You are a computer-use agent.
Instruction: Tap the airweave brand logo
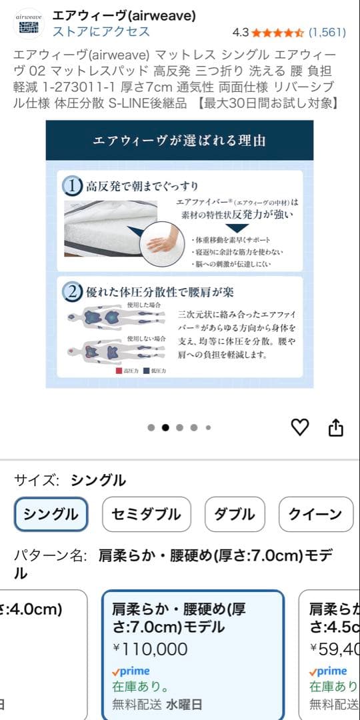(x=29, y=23)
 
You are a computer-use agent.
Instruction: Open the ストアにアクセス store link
(x=101, y=31)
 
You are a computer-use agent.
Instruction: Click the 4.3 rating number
(x=240, y=32)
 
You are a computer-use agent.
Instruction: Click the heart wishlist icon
(x=301, y=427)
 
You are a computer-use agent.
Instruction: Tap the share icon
(x=336, y=427)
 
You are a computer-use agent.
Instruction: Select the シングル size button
(x=51, y=514)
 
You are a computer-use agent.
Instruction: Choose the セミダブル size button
(x=146, y=514)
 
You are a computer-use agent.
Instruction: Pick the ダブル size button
(x=234, y=514)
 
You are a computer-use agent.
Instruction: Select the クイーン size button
(x=315, y=514)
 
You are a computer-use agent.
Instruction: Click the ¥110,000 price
(x=150, y=649)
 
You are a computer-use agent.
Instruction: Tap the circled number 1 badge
(x=72, y=186)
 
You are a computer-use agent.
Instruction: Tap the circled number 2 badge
(x=72, y=292)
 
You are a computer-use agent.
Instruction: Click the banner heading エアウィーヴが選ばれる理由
(x=179, y=141)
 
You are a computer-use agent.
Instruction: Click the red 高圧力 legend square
(x=119, y=370)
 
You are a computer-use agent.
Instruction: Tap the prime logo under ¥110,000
(x=131, y=671)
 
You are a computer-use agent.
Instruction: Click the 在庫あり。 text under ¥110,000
(x=140, y=686)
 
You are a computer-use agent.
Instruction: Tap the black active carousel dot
(x=165, y=428)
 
